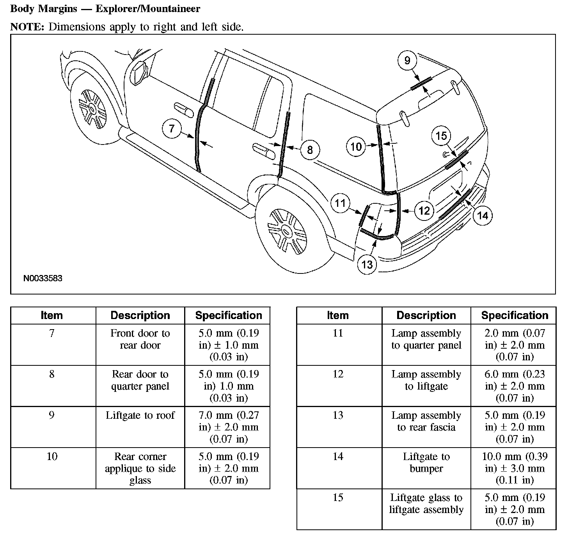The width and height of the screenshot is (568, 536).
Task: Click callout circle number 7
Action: (x=172, y=128)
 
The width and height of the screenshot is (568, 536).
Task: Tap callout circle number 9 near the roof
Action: (x=407, y=60)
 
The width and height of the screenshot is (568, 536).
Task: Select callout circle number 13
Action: (x=367, y=264)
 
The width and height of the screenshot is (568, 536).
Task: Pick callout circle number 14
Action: (x=483, y=215)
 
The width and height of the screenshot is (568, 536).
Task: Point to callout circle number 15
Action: (x=441, y=136)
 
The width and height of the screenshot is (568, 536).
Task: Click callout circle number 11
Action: (x=340, y=203)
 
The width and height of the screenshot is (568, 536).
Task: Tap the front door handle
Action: (x=183, y=109)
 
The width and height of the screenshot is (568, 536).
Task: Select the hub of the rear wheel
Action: (x=287, y=232)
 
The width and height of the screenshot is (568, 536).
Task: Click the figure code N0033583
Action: (x=43, y=279)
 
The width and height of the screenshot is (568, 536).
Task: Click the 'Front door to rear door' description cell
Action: (x=140, y=339)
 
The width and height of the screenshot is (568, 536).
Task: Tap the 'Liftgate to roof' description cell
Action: (x=140, y=415)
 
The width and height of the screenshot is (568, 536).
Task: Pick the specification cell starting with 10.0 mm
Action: (x=514, y=468)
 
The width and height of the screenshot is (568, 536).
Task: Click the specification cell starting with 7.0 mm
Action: (x=228, y=427)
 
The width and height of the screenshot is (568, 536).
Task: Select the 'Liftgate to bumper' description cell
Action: (x=426, y=462)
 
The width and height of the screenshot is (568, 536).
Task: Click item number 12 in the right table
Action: (x=338, y=374)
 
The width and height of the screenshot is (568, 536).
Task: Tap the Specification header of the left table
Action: (x=228, y=316)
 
